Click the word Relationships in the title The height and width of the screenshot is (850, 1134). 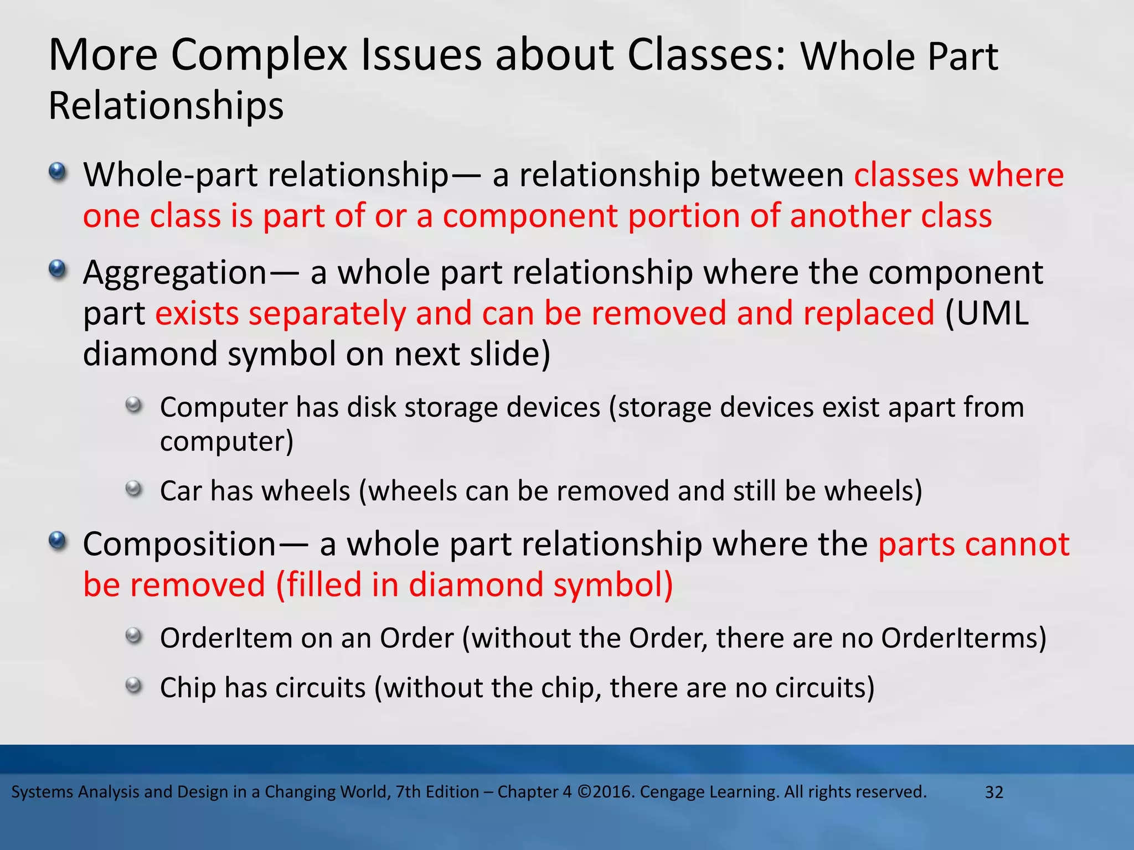pyautogui.click(x=166, y=106)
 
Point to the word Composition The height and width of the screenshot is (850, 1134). pyautogui.click(x=179, y=545)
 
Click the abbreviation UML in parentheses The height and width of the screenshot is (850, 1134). pyautogui.click(x=992, y=314)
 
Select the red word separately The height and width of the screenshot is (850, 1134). pyautogui.click(x=327, y=314)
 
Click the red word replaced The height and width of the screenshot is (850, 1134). pyautogui.click(x=869, y=314)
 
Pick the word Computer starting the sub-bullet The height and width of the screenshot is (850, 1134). pyautogui.click(x=223, y=408)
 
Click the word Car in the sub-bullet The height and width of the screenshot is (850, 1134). pyautogui.click(x=180, y=491)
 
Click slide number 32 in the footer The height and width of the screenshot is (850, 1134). pyautogui.click(x=994, y=792)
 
